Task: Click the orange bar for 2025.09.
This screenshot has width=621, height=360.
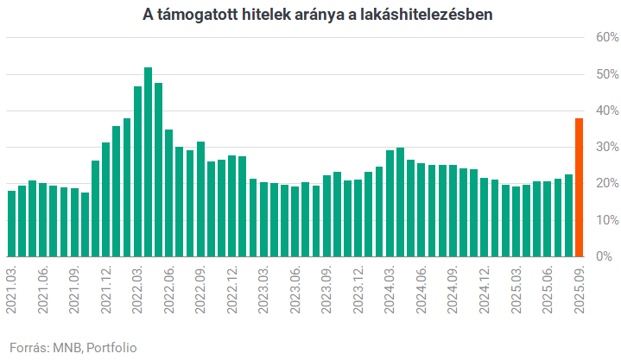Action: click(580, 187)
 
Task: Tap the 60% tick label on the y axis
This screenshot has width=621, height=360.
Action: click(605, 38)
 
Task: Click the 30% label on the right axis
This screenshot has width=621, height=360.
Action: click(605, 148)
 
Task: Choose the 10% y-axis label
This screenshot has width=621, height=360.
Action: click(605, 220)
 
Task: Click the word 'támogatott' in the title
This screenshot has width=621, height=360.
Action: click(200, 14)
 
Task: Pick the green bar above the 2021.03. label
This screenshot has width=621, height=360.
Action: click(12, 224)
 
